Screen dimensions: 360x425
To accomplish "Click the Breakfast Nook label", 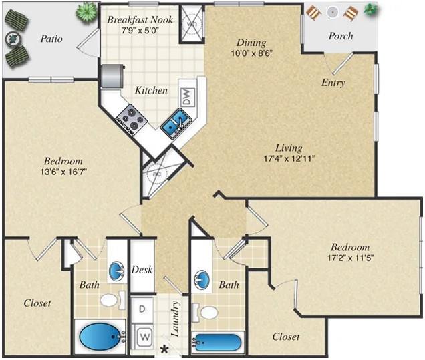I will click(x=140, y=20).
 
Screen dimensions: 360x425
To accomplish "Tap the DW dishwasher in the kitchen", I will click(x=187, y=97).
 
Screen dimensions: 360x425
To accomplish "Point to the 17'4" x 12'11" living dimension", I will click(x=289, y=158).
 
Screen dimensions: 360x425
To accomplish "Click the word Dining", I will click(x=251, y=43).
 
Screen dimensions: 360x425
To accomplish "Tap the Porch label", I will click(x=340, y=36).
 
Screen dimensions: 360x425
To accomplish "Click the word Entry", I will click(x=333, y=83).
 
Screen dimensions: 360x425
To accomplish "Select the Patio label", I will click(x=51, y=39).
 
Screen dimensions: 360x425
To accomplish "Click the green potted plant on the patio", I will click(x=86, y=11).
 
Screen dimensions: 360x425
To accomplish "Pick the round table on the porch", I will click(x=332, y=11).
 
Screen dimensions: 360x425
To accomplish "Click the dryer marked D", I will click(x=143, y=309).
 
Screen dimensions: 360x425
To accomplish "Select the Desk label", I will click(x=142, y=270).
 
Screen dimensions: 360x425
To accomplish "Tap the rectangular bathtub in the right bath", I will click(x=217, y=342).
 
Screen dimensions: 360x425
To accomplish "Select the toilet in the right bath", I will click(x=208, y=312).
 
